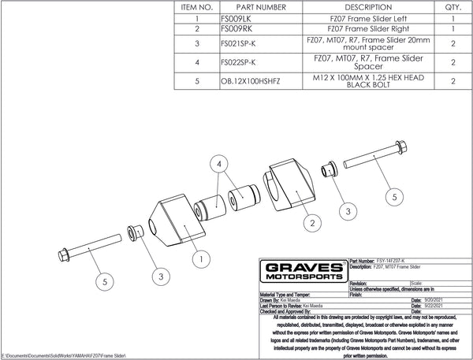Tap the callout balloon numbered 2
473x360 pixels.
pyautogui.click(x=313, y=224)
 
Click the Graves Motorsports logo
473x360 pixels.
pyautogui.click(x=302, y=273)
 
